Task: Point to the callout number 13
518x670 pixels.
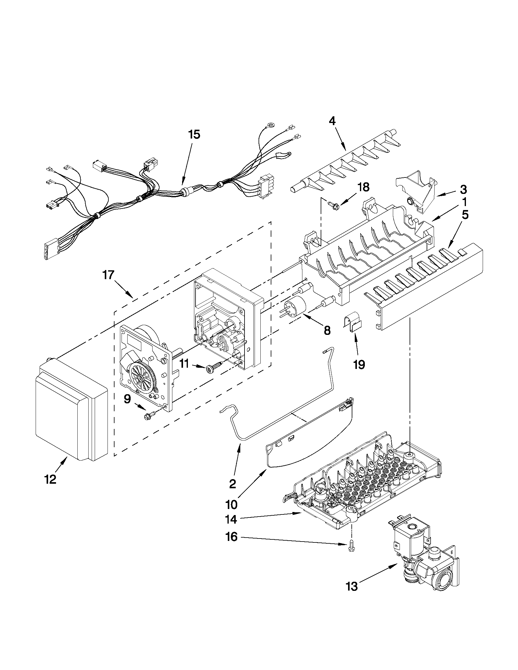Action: pos(352,587)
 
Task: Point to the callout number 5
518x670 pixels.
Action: pos(465,215)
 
